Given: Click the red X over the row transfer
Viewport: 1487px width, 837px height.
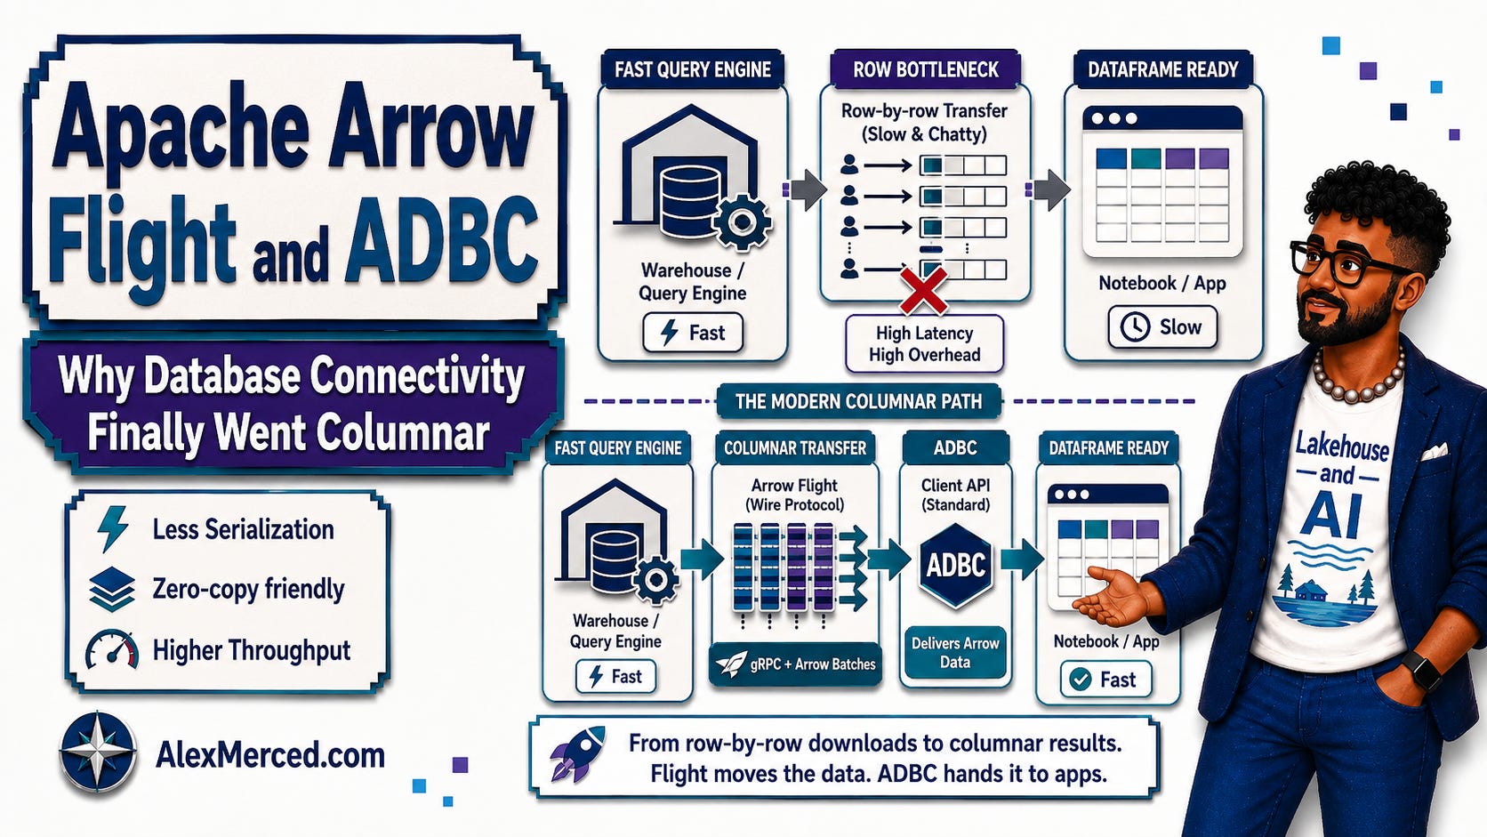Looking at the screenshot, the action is pyautogui.click(x=923, y=289).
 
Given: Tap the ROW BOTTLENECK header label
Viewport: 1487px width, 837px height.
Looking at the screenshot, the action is pyautogui.click(x=926, y=69).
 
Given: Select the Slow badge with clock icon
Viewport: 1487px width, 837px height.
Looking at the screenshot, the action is pyautogui.click(x=1162, y=327).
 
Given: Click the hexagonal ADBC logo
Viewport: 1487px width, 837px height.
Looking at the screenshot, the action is pyautogui.click(x=955, y=565).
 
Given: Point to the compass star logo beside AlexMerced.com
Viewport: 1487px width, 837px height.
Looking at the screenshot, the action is pyautogui.click(x=98, y=752).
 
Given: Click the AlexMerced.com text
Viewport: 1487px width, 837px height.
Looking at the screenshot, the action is pyautogui.click(x=270, y=754).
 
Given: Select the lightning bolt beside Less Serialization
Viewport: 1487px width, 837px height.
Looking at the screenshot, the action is pyautogui.click(x=112, y=529).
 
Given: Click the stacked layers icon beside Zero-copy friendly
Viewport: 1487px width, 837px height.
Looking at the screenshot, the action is pyautogui.click(x=111, y=589).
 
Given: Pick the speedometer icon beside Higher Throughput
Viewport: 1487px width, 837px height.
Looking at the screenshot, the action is pyautogui.click(x=111, y=649).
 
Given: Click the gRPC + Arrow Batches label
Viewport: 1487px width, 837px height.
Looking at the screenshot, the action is pyautogui.click(x=795, y=664).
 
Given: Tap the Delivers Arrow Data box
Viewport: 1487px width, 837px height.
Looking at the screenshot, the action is pyautogui.click(x=955, y=653).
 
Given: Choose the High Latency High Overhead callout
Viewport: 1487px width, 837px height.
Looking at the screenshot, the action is pyautogui.click(x=924, y=344).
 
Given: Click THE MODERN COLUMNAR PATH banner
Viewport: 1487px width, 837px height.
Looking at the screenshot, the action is pyautogui.click(x=858, y=401).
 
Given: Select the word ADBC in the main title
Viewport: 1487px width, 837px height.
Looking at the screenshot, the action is pyautogui.click(x=441, y=237).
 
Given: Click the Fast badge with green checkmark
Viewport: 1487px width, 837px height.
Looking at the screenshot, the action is pyautogui.click(x=1106, y=679).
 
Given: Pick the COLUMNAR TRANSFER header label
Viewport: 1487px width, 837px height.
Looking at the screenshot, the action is pyautogui.click(x=794, y=448).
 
